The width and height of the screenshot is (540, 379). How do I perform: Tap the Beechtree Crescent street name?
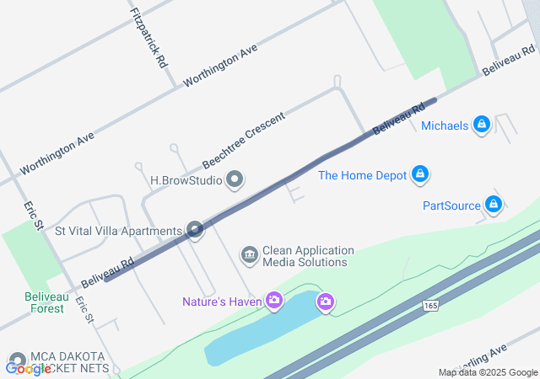pos(244,138)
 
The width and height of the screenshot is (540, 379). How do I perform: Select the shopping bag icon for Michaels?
pos(482,125)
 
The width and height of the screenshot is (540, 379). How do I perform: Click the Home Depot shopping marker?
pos(420,175)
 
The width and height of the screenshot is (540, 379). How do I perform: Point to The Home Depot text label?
pos(362,176)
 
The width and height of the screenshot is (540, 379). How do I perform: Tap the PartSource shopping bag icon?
pos(494,205)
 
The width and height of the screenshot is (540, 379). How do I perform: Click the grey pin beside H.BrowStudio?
pos(235,179)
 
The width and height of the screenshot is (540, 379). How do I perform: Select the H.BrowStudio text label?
pos(186,180)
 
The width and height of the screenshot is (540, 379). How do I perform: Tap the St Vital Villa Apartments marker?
pos(196,230)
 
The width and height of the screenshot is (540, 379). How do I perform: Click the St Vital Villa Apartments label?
pos(118,231)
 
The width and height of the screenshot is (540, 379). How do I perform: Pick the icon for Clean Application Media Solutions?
pos(249,254)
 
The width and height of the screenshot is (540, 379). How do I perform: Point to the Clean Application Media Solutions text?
pos(308,256)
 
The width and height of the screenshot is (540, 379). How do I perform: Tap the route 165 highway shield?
pos(431,305)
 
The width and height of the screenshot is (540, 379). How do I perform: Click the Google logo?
pos(28,368)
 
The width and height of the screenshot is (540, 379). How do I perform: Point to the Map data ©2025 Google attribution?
pos(488,372)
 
